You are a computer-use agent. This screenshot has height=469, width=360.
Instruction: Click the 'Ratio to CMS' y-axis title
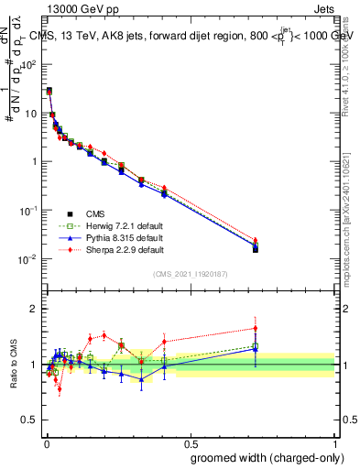click(13, 365)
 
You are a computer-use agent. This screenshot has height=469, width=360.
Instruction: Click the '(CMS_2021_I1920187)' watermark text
click(191, 274)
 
